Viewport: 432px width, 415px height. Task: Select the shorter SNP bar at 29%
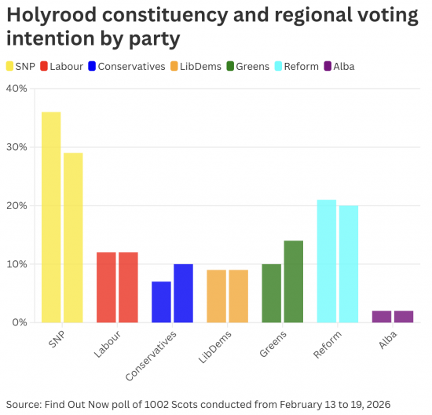coord(73,237)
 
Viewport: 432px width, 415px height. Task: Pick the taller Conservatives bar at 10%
coord(183,293)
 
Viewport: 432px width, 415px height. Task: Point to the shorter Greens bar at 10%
coord(272,293)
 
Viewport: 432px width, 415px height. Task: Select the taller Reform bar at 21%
coord(327,261)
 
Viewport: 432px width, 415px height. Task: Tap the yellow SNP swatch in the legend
coord(10,66)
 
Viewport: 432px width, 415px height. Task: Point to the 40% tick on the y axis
coord(16,89)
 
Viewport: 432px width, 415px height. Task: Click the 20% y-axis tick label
coord(16,206)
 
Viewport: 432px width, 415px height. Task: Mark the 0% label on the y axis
coord(20,322)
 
